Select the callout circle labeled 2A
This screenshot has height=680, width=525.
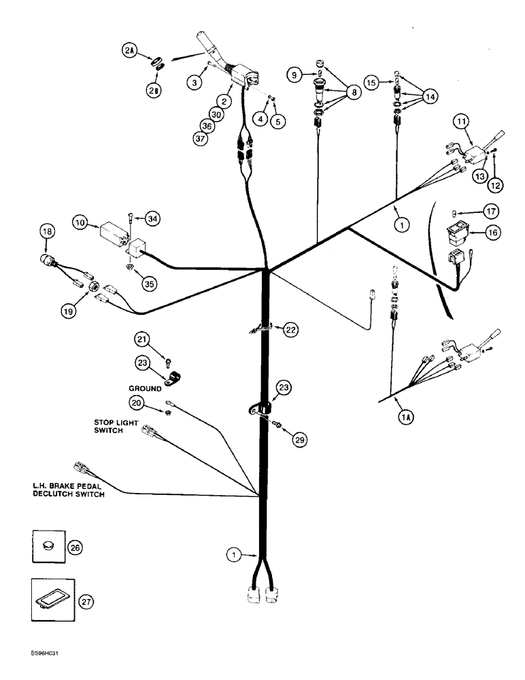point(129,50)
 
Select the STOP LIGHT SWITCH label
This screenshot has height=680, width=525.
point(116,426)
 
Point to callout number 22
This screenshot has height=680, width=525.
point(290,330)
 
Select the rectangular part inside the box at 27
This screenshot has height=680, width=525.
point(51,599)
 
